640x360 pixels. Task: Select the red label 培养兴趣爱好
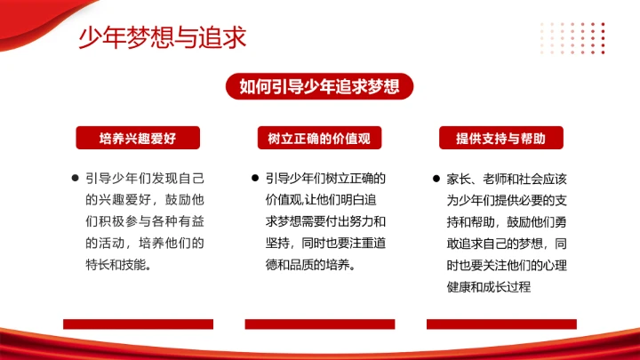click(x=138, y=138)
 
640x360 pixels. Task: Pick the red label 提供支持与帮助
click(x=500, y=138)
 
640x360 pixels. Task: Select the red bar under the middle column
click(x=319, y=324)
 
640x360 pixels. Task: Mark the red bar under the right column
click(x=501, y=324)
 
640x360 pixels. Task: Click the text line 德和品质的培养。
click(x=310, y=264)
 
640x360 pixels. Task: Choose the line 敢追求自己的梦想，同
click(x=507, y=243)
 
